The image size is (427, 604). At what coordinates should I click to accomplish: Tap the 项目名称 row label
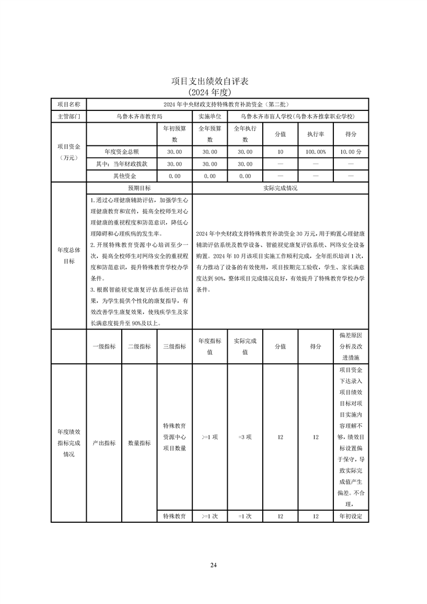pos(68,104)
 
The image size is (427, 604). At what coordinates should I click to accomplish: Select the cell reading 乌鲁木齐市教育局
pos(139,116)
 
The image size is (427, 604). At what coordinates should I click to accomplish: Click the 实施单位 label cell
pos(209,116)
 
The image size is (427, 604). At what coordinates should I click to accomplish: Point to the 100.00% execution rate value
pos(316,152)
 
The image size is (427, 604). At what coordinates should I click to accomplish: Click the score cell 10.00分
pos(351,152)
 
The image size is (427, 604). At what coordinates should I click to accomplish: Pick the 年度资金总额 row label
pos(122,152)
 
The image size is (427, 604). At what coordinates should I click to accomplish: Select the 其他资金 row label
pos(122,176)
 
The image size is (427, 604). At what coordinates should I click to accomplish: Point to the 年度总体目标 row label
pos(68,256)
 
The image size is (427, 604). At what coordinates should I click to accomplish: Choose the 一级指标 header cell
pos(103,346)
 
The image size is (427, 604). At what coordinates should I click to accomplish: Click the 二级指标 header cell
pos(139,346)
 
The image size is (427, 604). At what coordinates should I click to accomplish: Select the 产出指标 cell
pos(103,443)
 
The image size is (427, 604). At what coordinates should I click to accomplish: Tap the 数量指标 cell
pos(139,443)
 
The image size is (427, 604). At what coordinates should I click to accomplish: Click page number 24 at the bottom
pos(213,565)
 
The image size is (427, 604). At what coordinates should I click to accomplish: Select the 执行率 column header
pos(316,134)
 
